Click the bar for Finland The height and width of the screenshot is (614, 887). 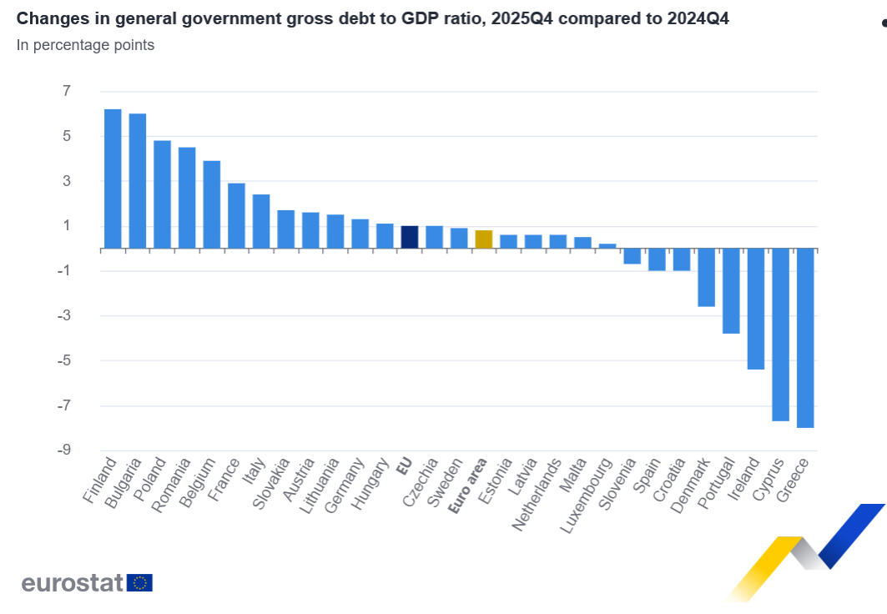113,179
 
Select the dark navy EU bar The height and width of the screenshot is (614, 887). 409,237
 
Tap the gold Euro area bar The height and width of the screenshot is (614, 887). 483,239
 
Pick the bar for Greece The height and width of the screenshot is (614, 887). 805,338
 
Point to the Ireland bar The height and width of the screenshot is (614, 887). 755,309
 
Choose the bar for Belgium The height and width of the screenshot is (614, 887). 212,204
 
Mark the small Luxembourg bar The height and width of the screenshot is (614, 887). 607,246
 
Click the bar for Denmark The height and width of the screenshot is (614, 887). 706,277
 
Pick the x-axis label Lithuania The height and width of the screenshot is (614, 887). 322,482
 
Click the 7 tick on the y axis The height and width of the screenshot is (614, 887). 67,91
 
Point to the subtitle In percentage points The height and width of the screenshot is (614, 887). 85,45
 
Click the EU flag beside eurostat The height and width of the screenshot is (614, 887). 140,582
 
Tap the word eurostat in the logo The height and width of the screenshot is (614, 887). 73,582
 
